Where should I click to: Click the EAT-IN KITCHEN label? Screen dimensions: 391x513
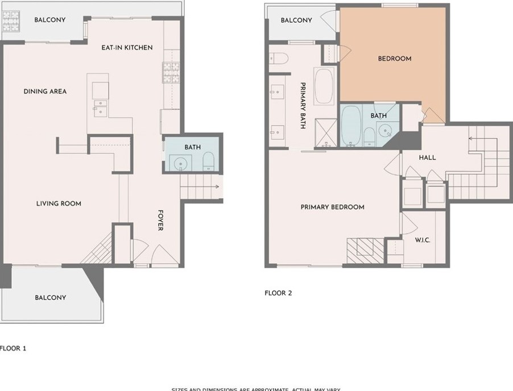tap(127, 48)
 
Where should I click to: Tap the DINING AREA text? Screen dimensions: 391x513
tap(45, 91)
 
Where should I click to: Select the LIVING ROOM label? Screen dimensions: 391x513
tap(59, 203)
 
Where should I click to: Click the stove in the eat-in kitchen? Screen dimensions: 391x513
tap(171, 73)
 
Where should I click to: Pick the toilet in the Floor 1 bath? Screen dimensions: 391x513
tap(208, 161)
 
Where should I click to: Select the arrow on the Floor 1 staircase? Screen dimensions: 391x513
tap(216, 186)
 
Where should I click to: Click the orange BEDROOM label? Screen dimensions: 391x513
tap(395, 59)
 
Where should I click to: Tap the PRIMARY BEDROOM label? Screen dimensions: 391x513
tap(332, 207)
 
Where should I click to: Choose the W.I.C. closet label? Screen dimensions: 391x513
tap(421, 240)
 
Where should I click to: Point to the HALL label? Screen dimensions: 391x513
tap(427, 157)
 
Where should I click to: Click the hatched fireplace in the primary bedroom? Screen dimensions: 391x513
tap(364, 249)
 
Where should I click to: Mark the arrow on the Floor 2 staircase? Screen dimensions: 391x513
tap(471, 138)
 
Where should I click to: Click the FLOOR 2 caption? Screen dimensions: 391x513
tap(278, 294)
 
